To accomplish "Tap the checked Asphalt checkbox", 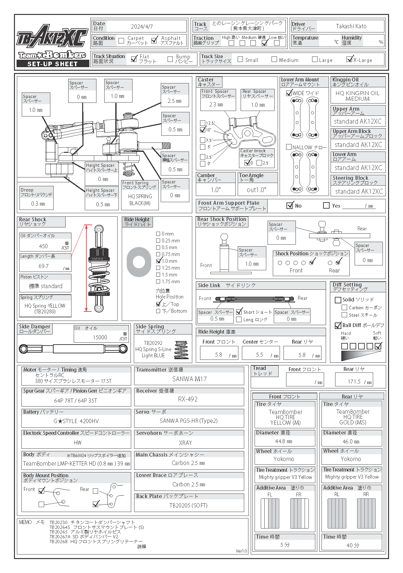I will [x=155, y=40].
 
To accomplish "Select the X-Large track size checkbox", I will [x=349, y=59].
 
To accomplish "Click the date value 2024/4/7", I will [x=142, y=27].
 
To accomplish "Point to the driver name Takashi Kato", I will [x=351, y=26].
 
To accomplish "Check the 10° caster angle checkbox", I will [x=203, y=130].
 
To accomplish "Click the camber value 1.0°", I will [x=216, y=190].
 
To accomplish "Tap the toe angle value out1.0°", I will [x=256, y=190].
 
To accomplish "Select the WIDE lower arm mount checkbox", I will [x=289, y=93].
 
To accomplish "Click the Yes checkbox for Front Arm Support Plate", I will [x=326, y=205].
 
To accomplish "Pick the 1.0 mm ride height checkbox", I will [x=158, y=261].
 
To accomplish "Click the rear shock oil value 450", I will [x=43, y=246].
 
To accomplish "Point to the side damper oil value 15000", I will [x=100, y=337].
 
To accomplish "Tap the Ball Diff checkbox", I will [x=338, y=325].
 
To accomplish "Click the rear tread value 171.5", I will [x=354, y=382].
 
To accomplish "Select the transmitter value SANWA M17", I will [x=189, y=379].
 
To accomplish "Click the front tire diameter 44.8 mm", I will [x=283, y=442].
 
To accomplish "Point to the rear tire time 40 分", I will [x=353, y=545].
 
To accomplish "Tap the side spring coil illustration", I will [x=181, y=350].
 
